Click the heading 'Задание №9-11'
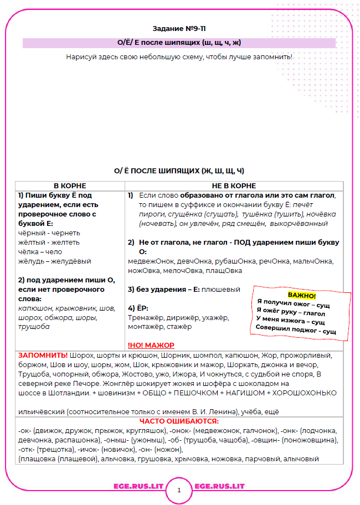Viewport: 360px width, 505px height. (179, 28)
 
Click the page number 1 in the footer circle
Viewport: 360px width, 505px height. (179, 490)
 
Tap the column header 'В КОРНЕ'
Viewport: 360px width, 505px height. (70, 185)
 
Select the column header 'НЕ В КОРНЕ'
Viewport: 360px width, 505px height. (233, 185)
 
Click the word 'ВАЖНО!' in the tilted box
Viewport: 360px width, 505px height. (302, 296)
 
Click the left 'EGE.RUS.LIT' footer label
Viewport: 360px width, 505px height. (133, 486)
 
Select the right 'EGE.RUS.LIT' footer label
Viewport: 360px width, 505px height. (220, 486)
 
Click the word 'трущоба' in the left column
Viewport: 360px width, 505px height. (34, 327)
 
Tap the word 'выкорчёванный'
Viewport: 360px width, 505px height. (301, 223)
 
